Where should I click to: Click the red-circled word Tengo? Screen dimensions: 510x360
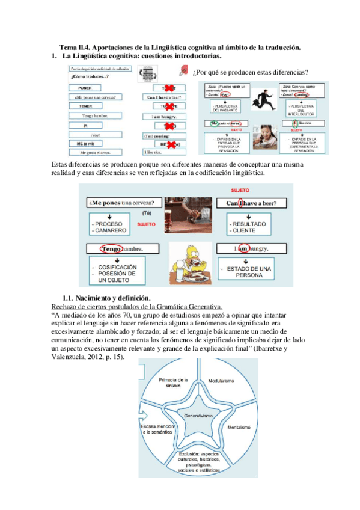click(x=112, y=248)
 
